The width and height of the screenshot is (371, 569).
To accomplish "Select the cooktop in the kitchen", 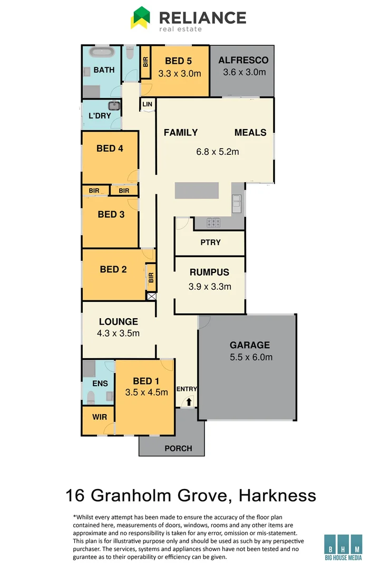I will tap(213, 223).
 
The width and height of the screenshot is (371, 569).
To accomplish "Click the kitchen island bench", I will tap(197, 191).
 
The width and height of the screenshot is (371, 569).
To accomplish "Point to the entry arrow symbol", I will tap(188, 401).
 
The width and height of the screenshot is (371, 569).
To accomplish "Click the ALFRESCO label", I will tap(243, 60).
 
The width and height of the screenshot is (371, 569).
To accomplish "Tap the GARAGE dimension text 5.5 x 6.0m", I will tap(250, 357).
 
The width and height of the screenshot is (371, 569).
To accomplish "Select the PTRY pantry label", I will tap(210, 242).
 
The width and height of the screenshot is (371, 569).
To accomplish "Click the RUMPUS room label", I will tap(209, 272).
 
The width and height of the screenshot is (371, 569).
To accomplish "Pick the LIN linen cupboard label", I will tap(147, 104).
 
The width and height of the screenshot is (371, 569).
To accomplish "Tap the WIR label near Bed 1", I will tap(100, 417).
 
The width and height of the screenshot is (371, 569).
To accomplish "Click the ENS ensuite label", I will tap(100, 384).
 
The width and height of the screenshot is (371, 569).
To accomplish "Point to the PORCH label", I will tap(178, 448).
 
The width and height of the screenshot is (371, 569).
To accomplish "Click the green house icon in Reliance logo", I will tap(141, 17).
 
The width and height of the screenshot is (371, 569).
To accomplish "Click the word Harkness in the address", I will tap(277, 495).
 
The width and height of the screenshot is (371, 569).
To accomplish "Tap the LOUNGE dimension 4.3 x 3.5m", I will tap(118, 333).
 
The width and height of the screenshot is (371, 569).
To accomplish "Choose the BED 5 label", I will tap(178, 61).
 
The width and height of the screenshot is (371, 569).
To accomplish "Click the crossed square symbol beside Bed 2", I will tap(152, 296).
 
